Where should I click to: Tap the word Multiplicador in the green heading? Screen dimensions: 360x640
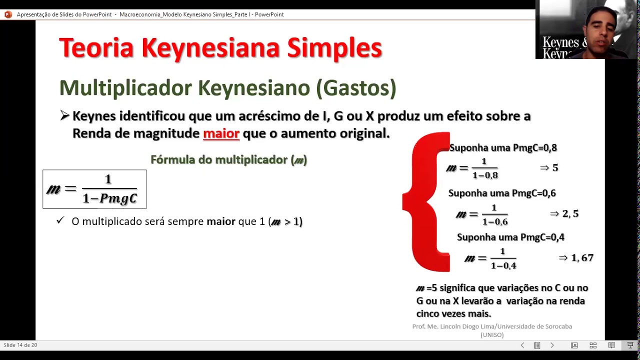click(125, 88)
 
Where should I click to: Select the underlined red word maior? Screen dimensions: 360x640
click(221, 133)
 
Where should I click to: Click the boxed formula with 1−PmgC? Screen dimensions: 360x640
click(94, 189)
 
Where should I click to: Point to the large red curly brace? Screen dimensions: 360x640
click(426, 202)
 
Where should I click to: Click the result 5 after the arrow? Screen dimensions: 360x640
click(555, 168)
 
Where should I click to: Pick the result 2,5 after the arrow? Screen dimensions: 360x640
click(570, 214)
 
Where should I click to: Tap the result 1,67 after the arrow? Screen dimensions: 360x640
click(582, 258)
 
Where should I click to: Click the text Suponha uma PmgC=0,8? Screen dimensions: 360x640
click(503, 147)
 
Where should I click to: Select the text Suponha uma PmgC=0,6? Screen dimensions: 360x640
click(502, 193)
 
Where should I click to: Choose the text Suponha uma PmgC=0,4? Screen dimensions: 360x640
click(510, 237)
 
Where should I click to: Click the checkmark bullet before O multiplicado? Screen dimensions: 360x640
click(60, 220)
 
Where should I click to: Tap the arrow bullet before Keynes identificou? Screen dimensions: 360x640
click(64, 116)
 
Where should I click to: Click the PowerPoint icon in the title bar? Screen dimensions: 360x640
click(8, 14)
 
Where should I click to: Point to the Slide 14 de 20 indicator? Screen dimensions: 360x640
click(20, 345)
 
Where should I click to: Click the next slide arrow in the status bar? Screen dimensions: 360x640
click(552, 345)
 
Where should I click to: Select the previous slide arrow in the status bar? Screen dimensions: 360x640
click(522, 345)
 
